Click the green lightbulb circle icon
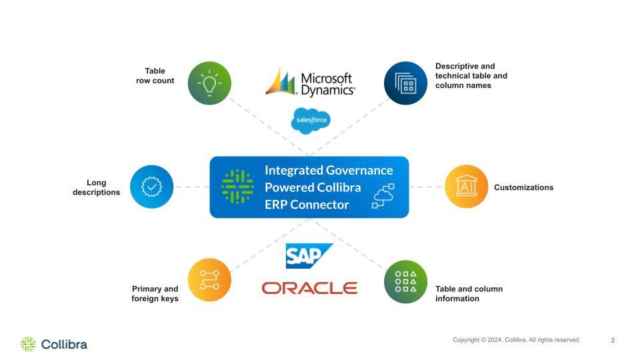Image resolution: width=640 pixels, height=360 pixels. coord(209,83)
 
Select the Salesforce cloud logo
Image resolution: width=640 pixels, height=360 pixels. coord(311,120)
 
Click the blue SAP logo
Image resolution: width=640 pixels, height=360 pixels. coord(309,256)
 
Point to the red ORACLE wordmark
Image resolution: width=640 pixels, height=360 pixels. coord(309,288)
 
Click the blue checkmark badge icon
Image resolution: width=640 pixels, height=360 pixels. coord(151,187)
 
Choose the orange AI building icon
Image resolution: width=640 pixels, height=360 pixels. coord(466,187)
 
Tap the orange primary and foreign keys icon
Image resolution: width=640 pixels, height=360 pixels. coord(209,280)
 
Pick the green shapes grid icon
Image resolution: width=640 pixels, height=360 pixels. coord(405,281)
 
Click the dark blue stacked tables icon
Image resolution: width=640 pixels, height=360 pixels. coord(405,83)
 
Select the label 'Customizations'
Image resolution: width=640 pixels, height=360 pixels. coord(523,188)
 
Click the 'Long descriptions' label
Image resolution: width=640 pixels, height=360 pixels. coord(97,187)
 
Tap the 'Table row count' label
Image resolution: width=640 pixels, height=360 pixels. coord(155,76)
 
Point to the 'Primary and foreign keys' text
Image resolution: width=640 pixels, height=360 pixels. coord(155,294)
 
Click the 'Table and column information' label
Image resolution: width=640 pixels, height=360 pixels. coord(469,294)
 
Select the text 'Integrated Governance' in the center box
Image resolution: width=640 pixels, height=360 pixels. coord(329,171)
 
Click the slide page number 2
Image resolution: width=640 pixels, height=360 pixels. coord(613,341)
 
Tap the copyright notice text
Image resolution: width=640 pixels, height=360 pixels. coord(516,340)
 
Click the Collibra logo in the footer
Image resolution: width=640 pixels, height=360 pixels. coord(54,344)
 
